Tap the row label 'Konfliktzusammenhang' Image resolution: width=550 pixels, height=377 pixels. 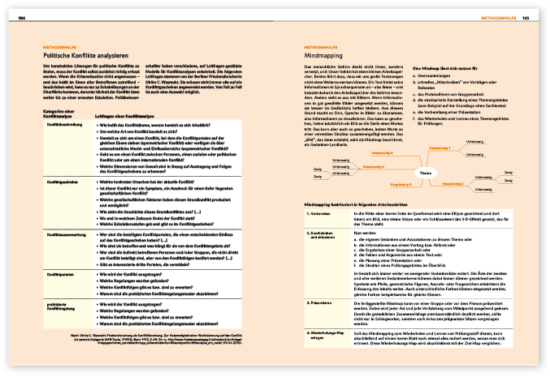pos(67,234)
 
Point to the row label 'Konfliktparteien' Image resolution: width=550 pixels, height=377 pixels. pos(63,275)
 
